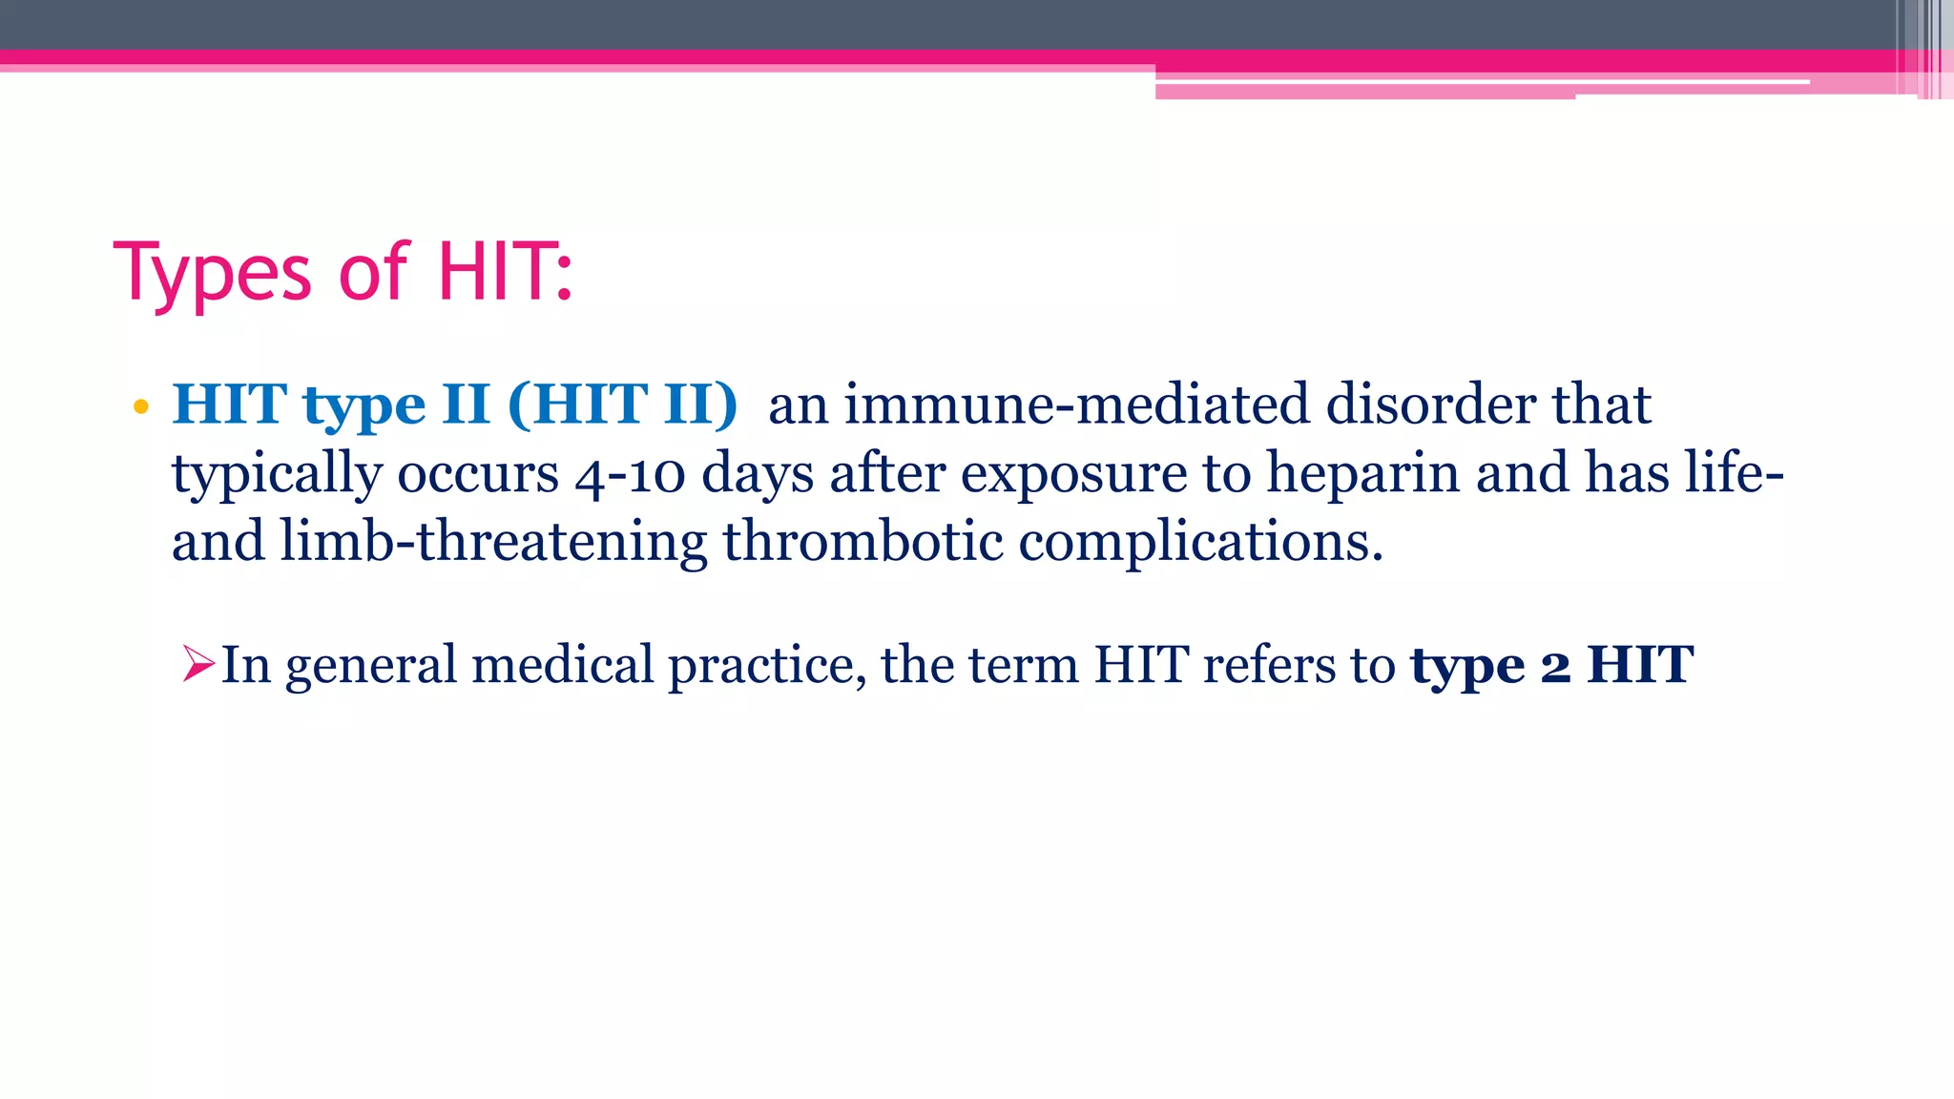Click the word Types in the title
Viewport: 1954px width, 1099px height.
click(x=213, y=274)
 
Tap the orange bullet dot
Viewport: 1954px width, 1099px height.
click(x=141, y=407)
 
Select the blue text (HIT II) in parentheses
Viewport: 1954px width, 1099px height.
click(x=623, y=404)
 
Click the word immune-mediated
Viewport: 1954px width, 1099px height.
click(x=1076, y=404)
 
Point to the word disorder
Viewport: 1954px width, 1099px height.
click(x=1430, y=404)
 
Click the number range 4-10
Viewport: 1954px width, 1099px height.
click(x=630, y=474)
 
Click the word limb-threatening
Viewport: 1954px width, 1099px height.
click(x=493, y=542)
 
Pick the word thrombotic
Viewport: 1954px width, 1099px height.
click(x=863, y=542)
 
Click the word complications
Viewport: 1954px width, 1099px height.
click(x=1200, y=542)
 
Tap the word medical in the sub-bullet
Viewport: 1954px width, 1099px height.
click(x=562, y=664)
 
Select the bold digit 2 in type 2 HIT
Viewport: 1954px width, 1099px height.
click(x=1555, y=666)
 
